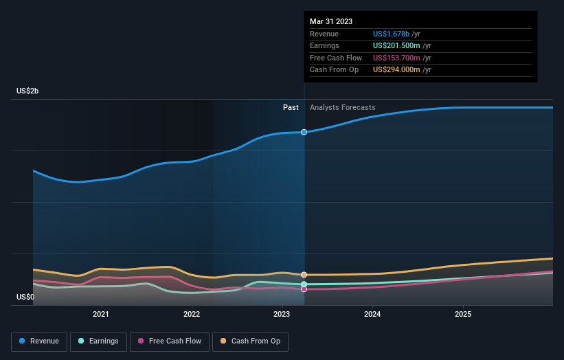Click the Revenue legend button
[x=39, y=341]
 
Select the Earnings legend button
[x=98, y=341]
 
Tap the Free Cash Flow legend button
[x=169, y=341]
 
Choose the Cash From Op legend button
[x=251, y=341]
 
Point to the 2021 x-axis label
[x=101, y=315]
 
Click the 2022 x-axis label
[x=192, y=315]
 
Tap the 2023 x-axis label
[x=282, y=315]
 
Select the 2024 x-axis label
[x=372, y=315]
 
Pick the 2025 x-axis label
[x=463, y=315]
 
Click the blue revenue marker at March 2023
[x=304, y=132]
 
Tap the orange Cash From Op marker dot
[x=304, y=275]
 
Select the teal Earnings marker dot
[x=304, y=284]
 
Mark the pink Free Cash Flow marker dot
[x=304, y=289]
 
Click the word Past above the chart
[x=291, y=107]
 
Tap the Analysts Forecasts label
[x=342, y=107]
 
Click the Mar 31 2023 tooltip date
[x=331, y=21]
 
